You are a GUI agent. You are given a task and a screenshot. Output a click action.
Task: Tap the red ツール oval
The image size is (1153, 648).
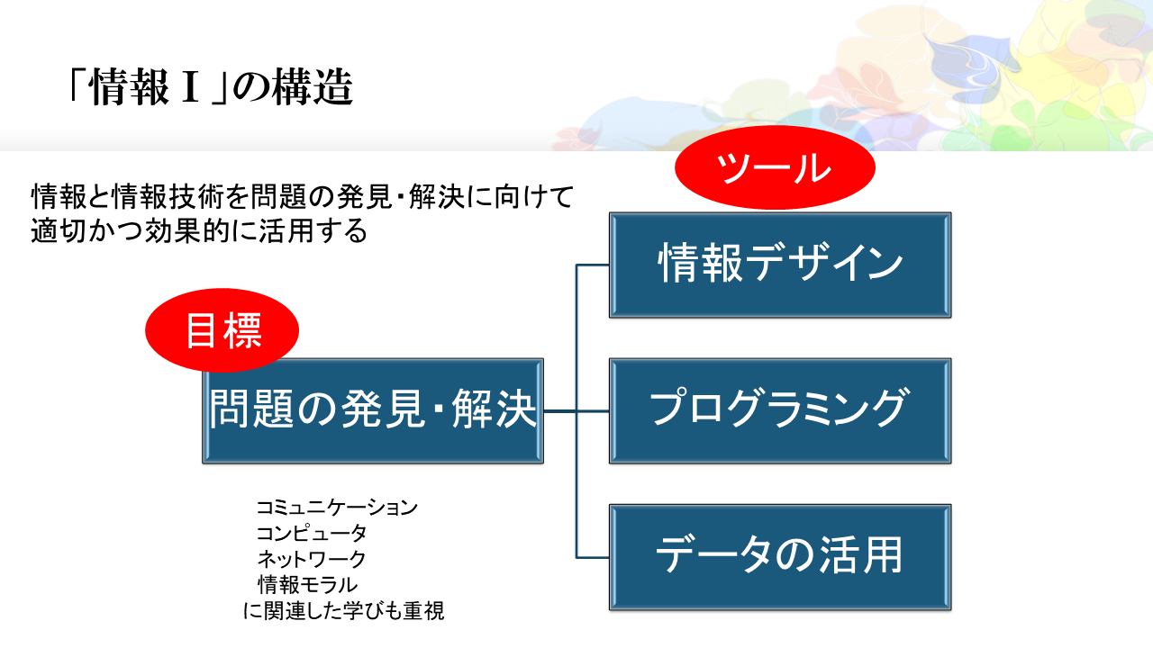(775, 168)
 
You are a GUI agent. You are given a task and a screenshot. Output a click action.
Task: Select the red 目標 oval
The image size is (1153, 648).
(222, 330)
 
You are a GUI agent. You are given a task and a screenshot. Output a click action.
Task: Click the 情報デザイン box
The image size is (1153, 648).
(780, 265)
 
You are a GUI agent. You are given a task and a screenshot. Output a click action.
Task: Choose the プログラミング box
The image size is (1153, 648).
(780, 410)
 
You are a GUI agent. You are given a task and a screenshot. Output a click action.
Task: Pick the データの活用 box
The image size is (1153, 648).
(780, 555)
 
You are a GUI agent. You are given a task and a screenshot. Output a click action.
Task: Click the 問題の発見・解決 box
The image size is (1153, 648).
(373, 410)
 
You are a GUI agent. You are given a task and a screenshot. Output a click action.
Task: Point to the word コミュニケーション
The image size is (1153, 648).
(337, 508)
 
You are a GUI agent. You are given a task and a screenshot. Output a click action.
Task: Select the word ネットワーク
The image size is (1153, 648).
(312, 559)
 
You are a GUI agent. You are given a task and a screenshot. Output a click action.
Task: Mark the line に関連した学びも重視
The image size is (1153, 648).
(344, 611)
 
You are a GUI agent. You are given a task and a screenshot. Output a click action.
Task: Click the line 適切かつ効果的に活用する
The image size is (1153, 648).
(199, 231)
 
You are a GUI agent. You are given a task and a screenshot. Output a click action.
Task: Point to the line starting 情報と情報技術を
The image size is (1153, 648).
(303, 195)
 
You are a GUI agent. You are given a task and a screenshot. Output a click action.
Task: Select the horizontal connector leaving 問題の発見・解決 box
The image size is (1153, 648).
(559, 411)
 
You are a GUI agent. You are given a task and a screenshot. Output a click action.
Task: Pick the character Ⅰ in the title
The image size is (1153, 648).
(190, 89)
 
